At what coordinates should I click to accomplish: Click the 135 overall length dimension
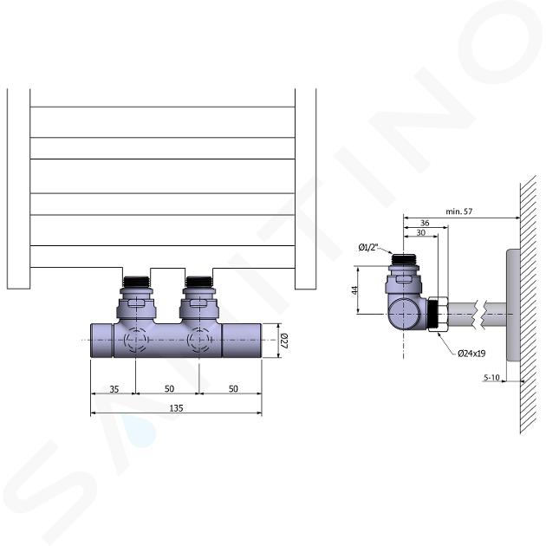[176, 407]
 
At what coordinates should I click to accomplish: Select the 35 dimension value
[114, 389]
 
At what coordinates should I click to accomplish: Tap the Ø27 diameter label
[284, 341]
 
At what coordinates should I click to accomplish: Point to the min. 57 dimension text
[459, 211]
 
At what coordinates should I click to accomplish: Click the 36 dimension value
[425, 223]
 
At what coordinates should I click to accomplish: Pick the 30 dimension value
[421, 232]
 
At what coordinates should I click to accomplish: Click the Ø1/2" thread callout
[368, 248]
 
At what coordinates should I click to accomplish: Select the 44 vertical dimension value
[354, 290]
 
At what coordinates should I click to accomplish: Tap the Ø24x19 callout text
[471, 354]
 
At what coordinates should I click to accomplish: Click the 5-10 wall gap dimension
[491, 377]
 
